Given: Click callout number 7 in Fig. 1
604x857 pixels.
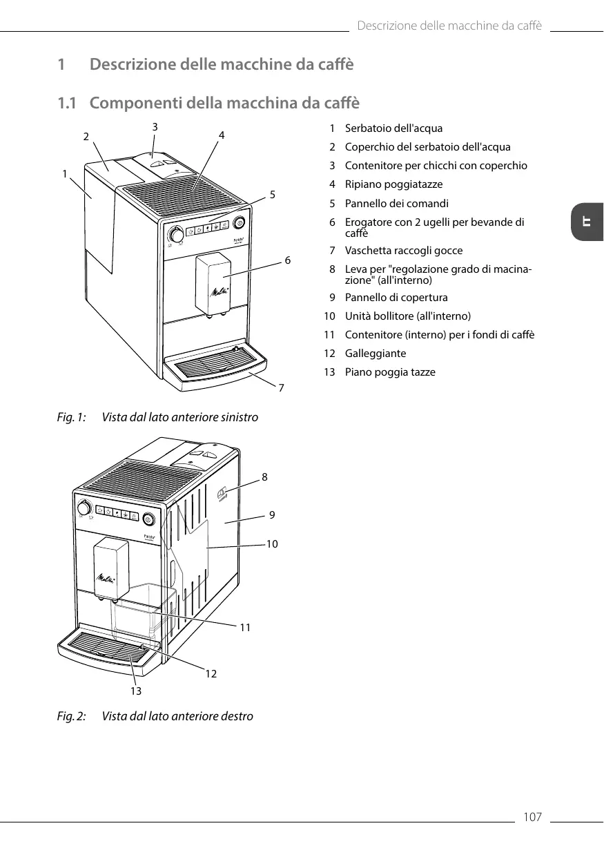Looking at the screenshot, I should tap(281, 388).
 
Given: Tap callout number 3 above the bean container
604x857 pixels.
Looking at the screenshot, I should tap(155, 126).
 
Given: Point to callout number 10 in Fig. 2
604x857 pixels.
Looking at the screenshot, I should tap(272, 544).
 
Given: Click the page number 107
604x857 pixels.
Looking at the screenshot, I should tap(532, 818).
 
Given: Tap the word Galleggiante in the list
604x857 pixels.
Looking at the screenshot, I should tap(376, 354).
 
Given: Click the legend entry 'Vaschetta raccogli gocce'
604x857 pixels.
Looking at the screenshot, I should tap(404, 251).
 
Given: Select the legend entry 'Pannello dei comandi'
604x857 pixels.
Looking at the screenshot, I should tap(396, 204).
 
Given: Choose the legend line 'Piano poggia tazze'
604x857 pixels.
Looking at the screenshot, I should tap(390, 372).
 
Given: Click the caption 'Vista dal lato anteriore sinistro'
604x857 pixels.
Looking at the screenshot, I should tap(180, 418).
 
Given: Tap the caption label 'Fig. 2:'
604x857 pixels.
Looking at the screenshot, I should tap(71, 716).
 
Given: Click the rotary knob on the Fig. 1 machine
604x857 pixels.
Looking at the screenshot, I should tap(177, 235).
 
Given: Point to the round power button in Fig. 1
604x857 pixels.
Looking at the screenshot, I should tap(240, 222).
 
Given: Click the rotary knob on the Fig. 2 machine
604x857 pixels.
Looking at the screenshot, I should tap(84, 505).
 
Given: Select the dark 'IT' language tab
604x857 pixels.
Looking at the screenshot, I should tap(587, 222).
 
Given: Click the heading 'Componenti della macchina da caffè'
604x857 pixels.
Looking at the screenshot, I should tap(224, 104).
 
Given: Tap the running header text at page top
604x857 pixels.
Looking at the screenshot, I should tap(449, 26).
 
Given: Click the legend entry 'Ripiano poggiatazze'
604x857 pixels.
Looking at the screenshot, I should tap(393, 184).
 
